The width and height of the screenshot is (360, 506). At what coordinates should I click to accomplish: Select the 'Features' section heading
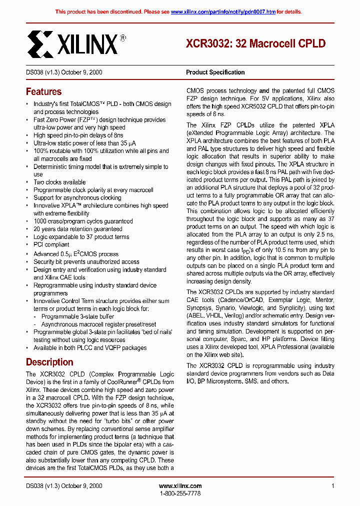pos(43,92)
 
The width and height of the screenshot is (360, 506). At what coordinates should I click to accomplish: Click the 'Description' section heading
pos(49,362)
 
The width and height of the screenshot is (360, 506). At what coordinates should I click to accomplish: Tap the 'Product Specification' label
pos(215,72)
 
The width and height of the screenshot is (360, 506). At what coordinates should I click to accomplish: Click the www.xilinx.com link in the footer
pos(180,486)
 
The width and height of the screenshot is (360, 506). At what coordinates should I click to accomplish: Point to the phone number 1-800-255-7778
pos(180,493)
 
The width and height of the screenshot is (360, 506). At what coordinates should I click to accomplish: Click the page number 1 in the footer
pos(332,486)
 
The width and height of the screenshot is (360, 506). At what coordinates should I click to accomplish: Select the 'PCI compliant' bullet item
pos(51,244)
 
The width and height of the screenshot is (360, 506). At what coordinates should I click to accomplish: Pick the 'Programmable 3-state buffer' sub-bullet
pos(77,316)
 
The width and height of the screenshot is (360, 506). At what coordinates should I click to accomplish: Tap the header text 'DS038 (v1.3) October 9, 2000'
pos(64,72)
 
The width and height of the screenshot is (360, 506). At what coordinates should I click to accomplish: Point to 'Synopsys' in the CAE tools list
pos(198,307)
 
